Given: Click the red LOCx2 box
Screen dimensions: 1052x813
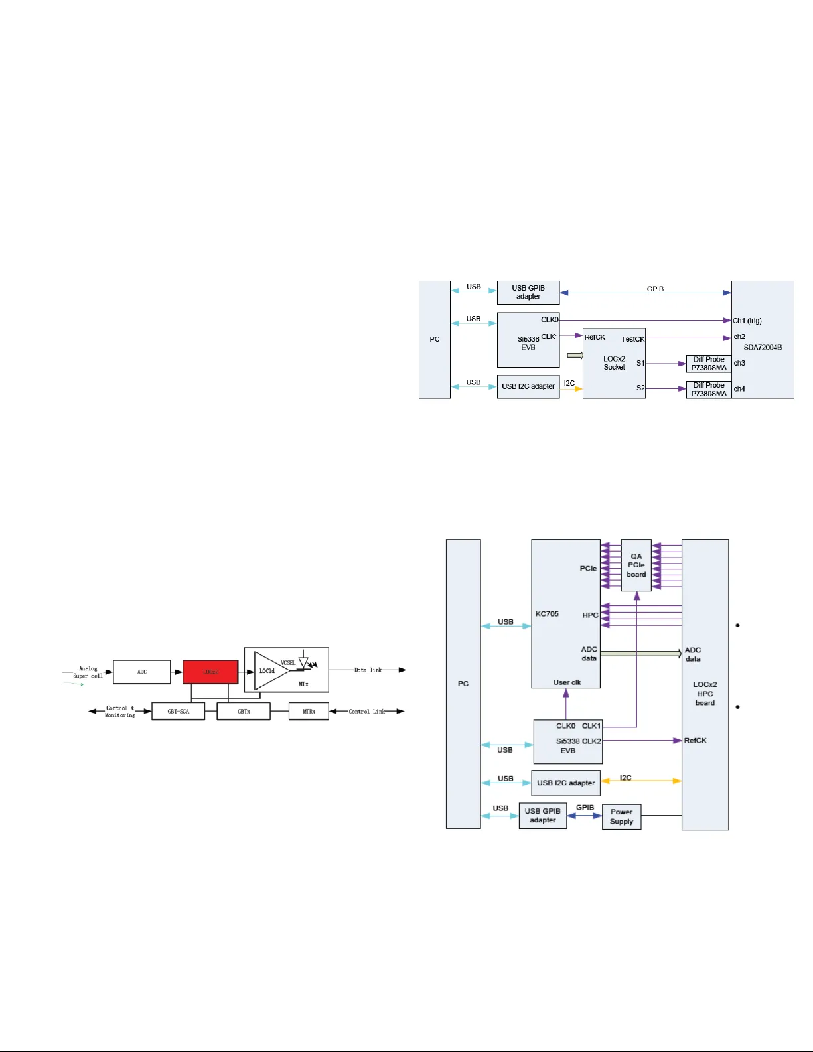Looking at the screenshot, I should (x=210, y=672).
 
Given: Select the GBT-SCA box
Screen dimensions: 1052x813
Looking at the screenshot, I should (x=178, y=711).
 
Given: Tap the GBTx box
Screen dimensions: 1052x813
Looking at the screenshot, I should (x=244, y=711).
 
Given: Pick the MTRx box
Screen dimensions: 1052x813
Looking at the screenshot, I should (x=309, y=711).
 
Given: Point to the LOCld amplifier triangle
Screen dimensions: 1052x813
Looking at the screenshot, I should (x=269, y=671).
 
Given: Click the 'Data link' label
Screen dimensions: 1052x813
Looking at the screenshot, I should (x=368, y=670).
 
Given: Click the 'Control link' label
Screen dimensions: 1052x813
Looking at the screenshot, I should (x=367, y=712).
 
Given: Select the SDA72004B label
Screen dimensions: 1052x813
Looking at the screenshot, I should (x=763, y=347).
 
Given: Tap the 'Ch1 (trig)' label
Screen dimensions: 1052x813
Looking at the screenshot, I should (x=747, y=321).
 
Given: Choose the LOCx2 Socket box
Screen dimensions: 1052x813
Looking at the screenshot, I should (x=614, y=363).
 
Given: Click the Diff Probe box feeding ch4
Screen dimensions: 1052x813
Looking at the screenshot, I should (x=709, y=390).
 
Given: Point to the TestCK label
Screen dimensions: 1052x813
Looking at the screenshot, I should (x=632, y=339).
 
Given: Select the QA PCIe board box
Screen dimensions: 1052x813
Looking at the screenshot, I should (x=636, y=565).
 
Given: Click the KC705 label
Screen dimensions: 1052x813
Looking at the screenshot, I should (x=547, y=614).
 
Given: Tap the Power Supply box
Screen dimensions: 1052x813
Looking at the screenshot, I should (x=621, y=816).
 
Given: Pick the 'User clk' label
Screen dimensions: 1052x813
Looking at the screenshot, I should (x=567, y=682).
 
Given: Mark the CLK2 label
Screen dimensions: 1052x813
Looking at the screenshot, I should (x=591, y=741).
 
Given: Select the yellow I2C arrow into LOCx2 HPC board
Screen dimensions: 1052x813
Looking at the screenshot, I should (x=641, y=781).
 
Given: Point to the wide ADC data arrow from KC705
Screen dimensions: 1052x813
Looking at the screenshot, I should (x=640, y=654).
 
